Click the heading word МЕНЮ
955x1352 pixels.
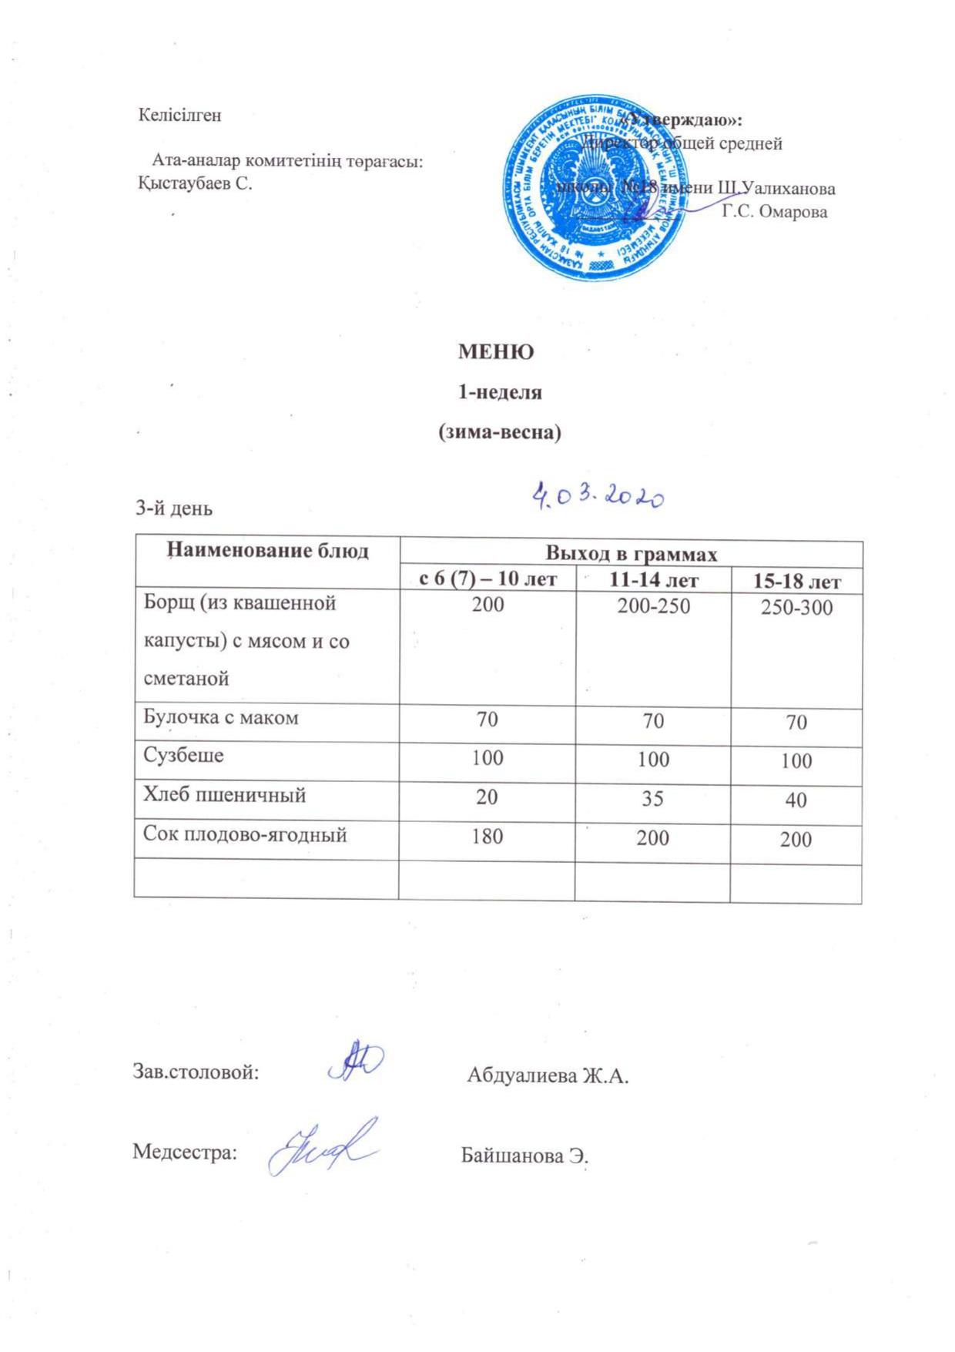496,353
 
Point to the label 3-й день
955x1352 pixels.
174,508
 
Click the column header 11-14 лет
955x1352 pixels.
654,579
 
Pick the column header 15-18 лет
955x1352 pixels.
796,581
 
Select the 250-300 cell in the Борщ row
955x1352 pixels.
796,608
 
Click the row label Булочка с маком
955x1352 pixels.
221,718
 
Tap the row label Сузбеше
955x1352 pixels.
184,755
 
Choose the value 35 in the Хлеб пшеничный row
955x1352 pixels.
652,798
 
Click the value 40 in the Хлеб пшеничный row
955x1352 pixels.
796,800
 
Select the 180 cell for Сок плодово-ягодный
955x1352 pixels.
487,835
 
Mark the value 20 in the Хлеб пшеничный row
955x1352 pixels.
487,797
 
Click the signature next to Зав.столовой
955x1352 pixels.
356,1062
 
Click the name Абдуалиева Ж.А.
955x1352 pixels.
548,1075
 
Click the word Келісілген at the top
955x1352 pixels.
179,116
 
